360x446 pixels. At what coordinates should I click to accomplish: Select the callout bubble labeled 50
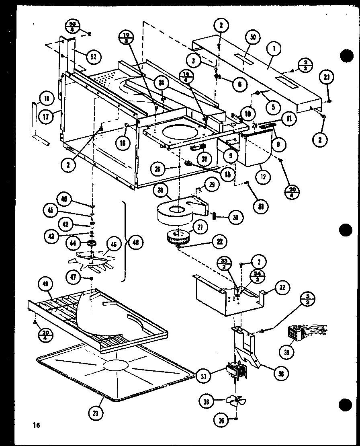253,38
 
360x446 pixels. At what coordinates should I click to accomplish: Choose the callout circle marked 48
135,243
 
